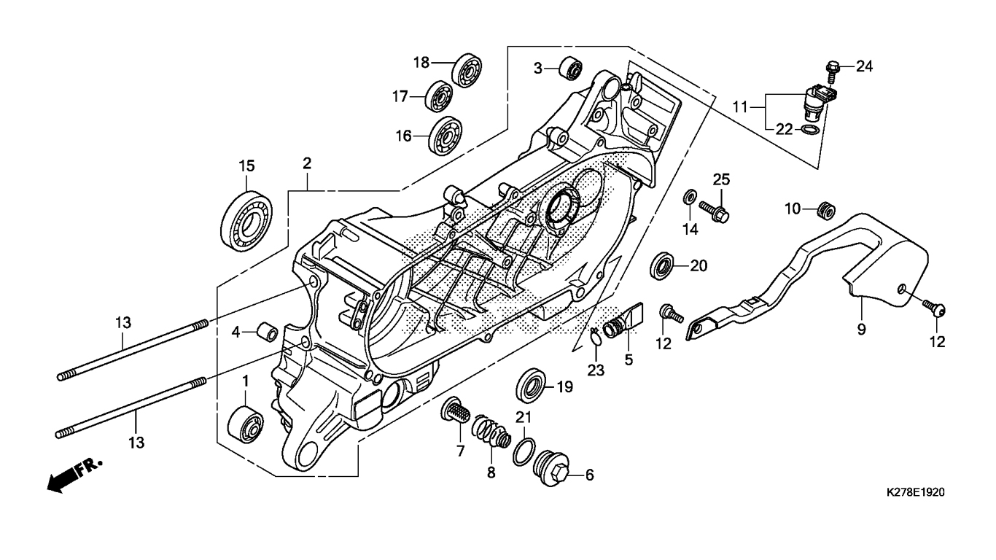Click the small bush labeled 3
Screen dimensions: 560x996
pyautogui.click(x=569, y=69)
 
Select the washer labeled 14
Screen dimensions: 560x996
pyautogui.click(x=689, y=197)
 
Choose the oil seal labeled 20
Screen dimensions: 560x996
pyautogui.click(x=662, y=265)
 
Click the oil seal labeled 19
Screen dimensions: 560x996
pyautogui.click(x=531, y=384)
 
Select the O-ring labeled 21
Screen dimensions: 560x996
pyautogui.click(x=524, y=451)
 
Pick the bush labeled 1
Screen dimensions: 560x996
pyautogui.click(x=245, y=424)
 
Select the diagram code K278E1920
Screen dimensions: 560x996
pyautogui.click(x=914, y=493)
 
